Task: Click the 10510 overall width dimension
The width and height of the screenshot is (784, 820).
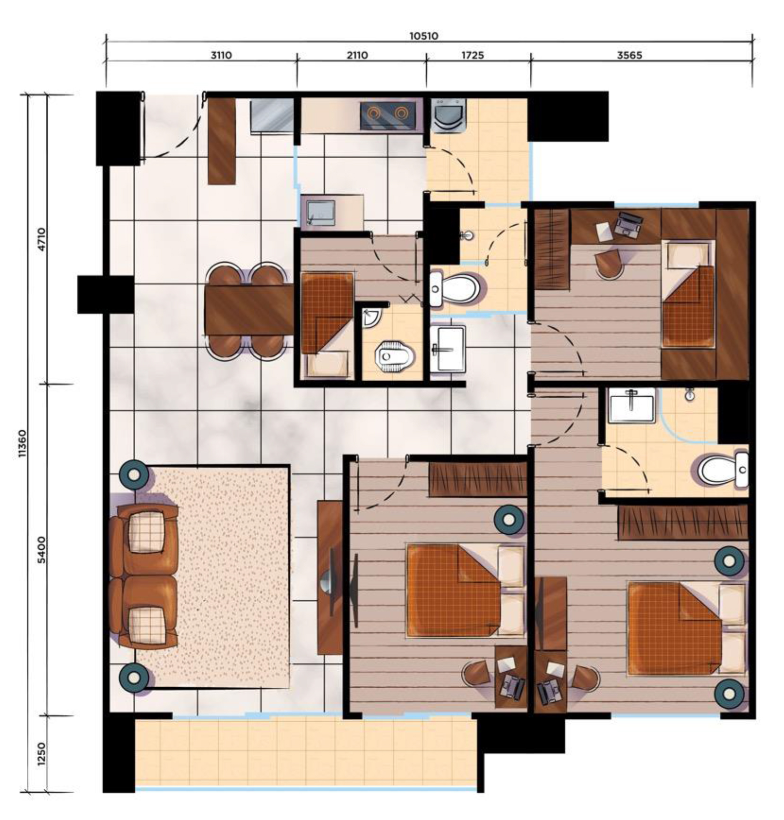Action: coord(423,36)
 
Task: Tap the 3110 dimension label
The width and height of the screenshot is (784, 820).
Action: coord(221,55)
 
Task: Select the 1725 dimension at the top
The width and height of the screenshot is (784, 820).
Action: coord(473,55)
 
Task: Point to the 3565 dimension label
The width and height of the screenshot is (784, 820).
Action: coord(629,55)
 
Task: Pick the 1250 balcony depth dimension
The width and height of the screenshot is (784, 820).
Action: coord(42,754)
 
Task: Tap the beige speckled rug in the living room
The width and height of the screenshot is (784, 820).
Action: coord(213,577)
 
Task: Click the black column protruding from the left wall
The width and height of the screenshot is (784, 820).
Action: coord(105,295)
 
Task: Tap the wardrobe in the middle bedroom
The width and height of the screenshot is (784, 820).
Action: coord(477,479)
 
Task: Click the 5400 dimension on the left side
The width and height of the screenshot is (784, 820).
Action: coord(42,550)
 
